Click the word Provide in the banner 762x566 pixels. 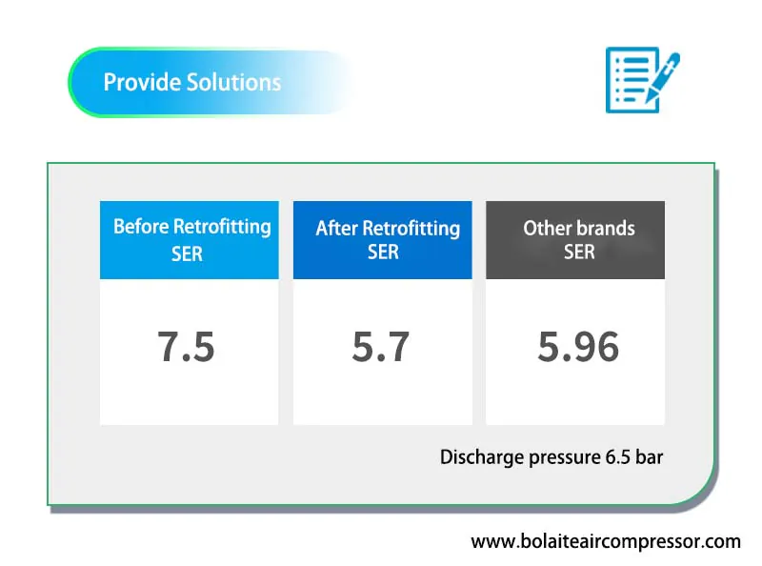tap(141, 82)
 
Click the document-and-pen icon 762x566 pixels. tap(642, 80)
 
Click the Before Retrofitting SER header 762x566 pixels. tap(190, 240)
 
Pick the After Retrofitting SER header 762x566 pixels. tap(383, 240)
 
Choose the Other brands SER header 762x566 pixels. tap(575, 240)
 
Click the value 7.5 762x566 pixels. tap(186, 347)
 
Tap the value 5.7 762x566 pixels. tap(380, 347)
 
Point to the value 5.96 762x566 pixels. tap(578, 347)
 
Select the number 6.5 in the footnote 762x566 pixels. tap(617, 457)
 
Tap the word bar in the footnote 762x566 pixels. tap(650, 457)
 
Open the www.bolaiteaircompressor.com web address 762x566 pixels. tap(606, 541)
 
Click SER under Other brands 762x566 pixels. tap(579, 252)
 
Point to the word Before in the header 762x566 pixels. tap(141, 227)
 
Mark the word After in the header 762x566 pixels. tap(336, 228)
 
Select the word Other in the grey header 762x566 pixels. tap(547, 228)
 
